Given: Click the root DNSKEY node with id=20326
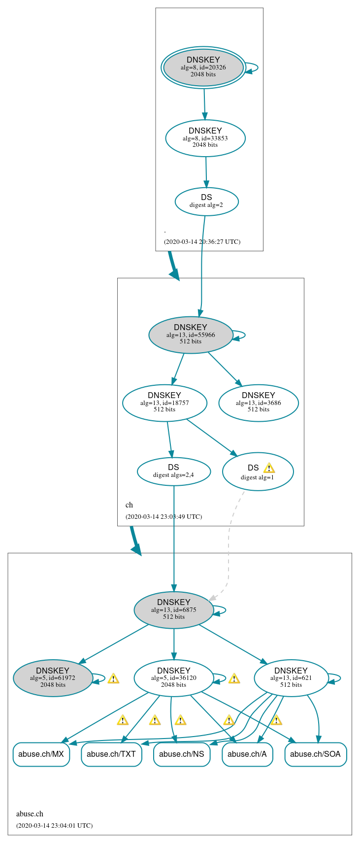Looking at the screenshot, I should tap(203, 67).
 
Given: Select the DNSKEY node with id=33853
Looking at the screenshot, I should tap(205, 138).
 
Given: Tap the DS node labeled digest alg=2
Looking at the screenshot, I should tap(206, 201).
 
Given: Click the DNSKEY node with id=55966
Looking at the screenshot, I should tap(191, 335).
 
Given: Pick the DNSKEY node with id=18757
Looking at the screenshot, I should tap(164, 403).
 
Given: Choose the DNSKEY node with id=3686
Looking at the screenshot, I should tap(259, 403).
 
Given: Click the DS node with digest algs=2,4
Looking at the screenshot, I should tap(173, 471).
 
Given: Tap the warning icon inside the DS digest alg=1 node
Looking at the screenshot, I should tap(269, 468).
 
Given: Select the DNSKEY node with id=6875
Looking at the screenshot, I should tap(174, 609).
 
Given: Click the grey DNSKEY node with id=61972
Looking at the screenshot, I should tap(53, 678).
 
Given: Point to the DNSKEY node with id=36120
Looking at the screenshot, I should tap(174, 678).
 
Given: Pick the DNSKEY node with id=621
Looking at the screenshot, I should tap(291, 678).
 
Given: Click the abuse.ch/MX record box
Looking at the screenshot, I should tap(41, 754).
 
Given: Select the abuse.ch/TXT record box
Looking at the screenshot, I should tap(111, 754).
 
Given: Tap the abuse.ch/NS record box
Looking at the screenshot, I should tap(182, 754).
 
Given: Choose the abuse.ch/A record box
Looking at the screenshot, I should tap(247, 754).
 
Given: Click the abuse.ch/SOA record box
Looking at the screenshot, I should tap(316, 754).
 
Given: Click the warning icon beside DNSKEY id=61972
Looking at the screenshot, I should tap(113, 678).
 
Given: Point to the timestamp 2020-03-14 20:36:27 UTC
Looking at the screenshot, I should tap(202, 241).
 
